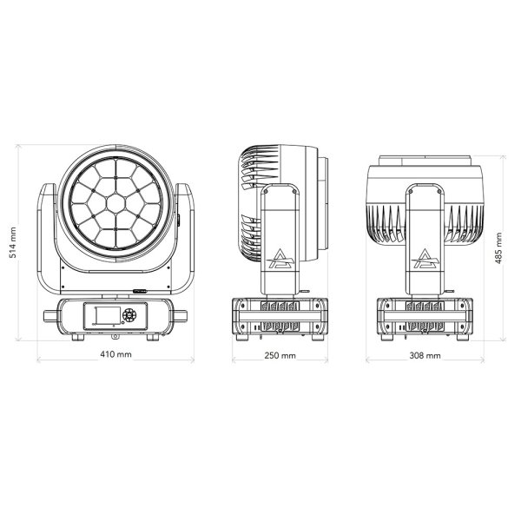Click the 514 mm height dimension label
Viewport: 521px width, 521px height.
point(13,242)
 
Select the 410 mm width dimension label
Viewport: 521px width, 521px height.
point(116,354)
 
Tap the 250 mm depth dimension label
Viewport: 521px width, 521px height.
point(280,355)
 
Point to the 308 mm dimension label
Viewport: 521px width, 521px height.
point(425,355)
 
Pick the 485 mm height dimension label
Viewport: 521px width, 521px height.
point(498,248)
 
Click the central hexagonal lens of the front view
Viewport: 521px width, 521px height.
point(115,202)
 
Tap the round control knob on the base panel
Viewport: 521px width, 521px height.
point(129,314)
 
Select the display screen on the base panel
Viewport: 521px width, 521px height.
point(108,315)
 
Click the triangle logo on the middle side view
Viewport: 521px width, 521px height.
point(281,259)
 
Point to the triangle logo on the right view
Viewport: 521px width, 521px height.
point(425,259)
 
